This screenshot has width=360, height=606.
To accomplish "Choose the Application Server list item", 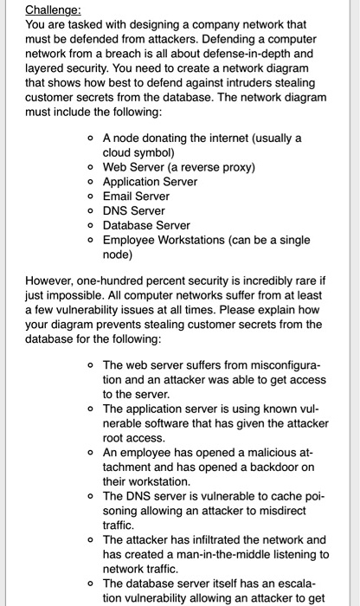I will pos(150,182).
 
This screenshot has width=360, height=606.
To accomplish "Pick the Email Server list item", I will pos(136,197).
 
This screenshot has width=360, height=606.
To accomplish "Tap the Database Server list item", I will pos(146,226).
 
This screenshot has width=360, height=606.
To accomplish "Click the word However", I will pos(52,281).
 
